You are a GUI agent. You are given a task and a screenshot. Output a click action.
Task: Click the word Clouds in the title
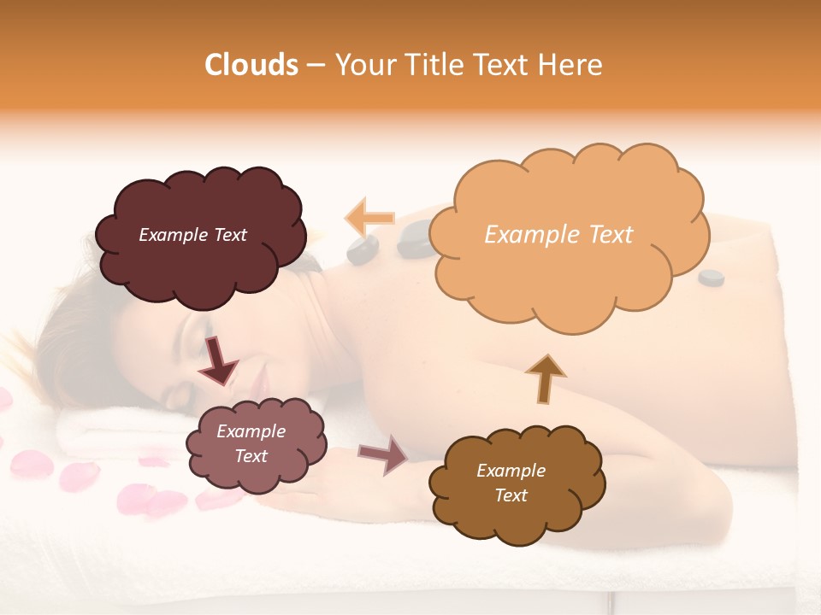point(251,65)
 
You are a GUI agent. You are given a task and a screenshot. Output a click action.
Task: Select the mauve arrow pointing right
point(383,454)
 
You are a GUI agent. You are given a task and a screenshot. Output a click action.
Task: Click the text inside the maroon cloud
point(192,235)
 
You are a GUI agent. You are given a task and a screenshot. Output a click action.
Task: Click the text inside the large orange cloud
point(558,235)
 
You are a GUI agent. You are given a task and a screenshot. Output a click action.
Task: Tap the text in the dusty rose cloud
point(251,443)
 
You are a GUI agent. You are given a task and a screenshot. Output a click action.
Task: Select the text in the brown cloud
point(511,483)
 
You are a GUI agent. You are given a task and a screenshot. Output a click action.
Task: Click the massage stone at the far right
point(711,277)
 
